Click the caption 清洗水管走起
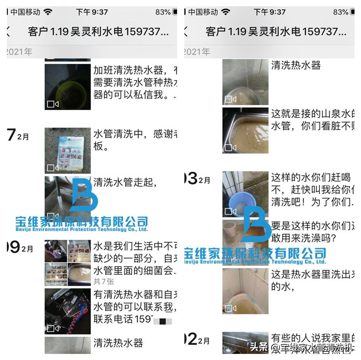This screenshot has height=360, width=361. point(125,182)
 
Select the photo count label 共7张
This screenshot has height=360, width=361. point(104,281)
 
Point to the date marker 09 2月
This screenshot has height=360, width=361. point(20,248)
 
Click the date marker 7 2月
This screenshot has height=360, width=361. point(18,136)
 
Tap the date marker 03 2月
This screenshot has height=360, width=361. point(198,179)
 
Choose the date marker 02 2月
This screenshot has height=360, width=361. point(198,339)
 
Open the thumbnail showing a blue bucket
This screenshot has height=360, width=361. point(245,194)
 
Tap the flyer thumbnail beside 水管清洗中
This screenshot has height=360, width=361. point(68,150)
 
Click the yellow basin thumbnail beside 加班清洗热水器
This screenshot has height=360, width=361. point(68,87)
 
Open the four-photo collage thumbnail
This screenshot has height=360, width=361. point(68,257)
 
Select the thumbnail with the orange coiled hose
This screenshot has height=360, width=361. point(68,311)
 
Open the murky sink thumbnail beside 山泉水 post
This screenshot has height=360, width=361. point(245,130)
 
